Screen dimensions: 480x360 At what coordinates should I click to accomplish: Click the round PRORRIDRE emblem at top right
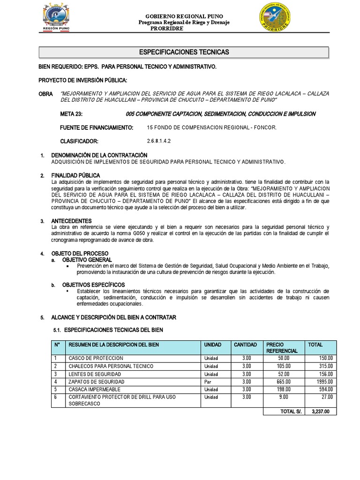tap(276, 17)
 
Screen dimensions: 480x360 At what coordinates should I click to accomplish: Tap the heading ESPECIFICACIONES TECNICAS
tap(184, 52)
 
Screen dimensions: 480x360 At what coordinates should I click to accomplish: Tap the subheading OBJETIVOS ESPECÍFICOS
tap(94, 285)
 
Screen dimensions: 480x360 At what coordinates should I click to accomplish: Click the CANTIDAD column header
tap(245, 345)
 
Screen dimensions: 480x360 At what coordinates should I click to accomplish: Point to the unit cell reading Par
tap(208, 382)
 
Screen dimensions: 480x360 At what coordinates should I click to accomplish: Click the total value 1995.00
tap(323, 382)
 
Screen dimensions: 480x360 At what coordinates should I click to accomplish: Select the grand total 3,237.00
tap(321, 412)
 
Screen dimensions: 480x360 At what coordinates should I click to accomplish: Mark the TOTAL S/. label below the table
tap(291, 412)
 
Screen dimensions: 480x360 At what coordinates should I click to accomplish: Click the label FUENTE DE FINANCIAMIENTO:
tap(97, 127)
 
